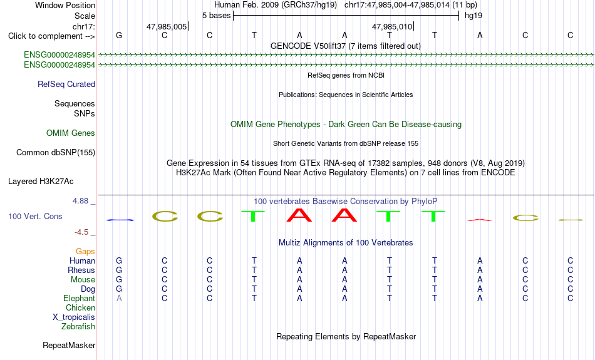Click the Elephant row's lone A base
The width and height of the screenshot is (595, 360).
(119, 299)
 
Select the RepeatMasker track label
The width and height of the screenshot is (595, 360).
(69, 345)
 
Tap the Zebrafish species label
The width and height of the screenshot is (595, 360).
(78, 327)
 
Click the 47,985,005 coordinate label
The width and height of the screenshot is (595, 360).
(167, 26)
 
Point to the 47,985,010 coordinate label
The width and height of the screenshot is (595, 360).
(392, 26)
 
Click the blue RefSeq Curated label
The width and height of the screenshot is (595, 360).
(66, 85)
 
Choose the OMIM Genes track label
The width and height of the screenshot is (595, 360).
(71, 133)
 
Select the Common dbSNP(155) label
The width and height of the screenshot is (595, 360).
(56, 153)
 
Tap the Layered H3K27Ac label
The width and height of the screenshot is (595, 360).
(41, 182)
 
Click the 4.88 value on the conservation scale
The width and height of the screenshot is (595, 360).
(80, 201)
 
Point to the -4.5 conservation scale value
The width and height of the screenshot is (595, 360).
(81, 232)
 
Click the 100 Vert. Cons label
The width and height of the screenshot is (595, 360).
(35, 216)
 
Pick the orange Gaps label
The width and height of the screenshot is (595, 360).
(85, 252)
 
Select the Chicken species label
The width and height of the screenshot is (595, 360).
(80, 307)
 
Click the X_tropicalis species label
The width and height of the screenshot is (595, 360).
(74, 317)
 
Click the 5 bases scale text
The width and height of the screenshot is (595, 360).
(216, 16)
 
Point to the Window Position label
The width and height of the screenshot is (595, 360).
(65, 5)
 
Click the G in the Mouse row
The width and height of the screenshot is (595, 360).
(119, 280)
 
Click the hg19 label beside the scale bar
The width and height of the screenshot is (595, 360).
(473, 16)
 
